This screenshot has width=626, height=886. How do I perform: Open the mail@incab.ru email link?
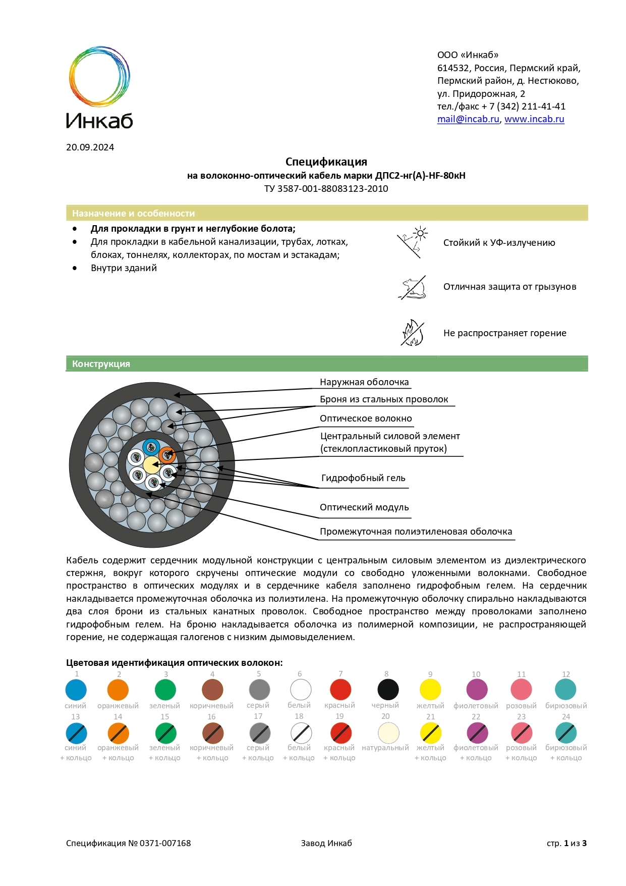pyautogui.click(x=468, y=119)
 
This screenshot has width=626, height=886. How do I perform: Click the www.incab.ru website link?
pyautogui.click(x=534, y=119)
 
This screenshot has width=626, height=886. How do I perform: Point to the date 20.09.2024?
pyautogui.click(x=90, y=147)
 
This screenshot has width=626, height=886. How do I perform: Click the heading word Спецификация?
pyautogui.click(x=326, y=162)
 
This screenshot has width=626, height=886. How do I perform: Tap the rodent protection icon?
pyautogui.click(x=413, y=288)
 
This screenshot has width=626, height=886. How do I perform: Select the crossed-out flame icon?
pyautogui.click(x=412, y=333)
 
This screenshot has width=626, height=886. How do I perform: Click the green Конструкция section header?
pyautogui.click(x=326, y=364)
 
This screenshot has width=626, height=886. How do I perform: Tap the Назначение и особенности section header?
pyautogui.click(x=326, y=213)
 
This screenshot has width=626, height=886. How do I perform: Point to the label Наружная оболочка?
pyautogui.click(x=364, y=382)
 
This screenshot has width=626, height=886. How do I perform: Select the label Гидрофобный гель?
pyautogui.click(x=363, y=478)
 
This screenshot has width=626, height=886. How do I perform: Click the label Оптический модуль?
pyautogui.click(x=364, y=507)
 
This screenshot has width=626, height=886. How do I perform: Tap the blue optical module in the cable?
pyautogui.click(x=151, y=447)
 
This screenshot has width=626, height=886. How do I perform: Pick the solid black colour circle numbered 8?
pyautogui.click(x=388, y=690)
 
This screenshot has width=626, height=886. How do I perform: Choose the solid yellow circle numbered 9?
pyautogui.click(x=430, y=690)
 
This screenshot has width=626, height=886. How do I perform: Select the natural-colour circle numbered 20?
pyautogui.click(x=388, y=733)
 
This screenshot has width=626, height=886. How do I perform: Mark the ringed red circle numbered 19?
pyautogui.click(x=340, y=733)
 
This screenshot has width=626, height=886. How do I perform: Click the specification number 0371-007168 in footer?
pyautogui.click(x=165, y=843)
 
